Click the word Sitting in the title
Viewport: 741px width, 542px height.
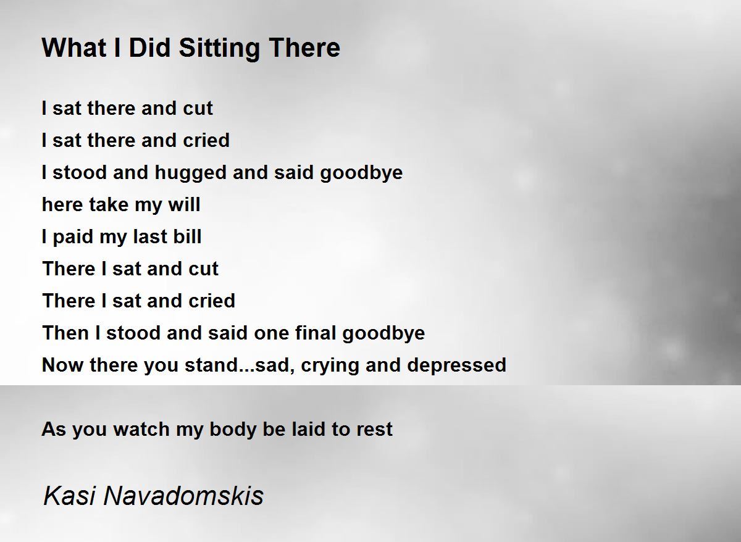(x=219, y=49)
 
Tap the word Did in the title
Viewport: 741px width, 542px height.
(x=149, y=48)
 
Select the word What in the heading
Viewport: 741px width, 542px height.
(x=73, y=48)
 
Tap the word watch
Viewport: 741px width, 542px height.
(x=141, y=429)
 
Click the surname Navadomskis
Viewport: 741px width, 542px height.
(x=183, y=496)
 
